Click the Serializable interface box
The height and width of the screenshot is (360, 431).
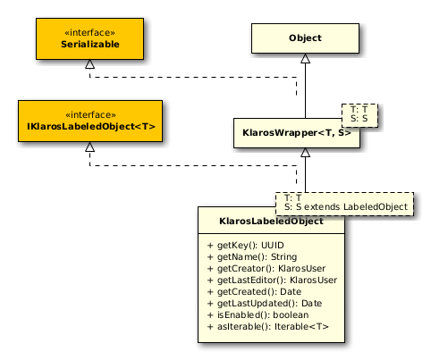[x=89, y=38]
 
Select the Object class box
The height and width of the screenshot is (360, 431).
[x=305, y=38]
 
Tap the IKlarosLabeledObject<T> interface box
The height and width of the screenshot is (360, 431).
[x=90, y=121]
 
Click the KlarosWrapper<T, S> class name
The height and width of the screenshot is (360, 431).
[x=297, y=133]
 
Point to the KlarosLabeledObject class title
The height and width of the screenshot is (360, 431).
[x=271, y=222]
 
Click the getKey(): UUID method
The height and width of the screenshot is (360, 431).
[x=245, y=246]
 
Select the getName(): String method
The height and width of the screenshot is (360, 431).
[x=252, y=257]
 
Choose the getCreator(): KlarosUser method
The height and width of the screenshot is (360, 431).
[x=266, y=269]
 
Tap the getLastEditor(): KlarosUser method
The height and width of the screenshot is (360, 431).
[x=272, y=280]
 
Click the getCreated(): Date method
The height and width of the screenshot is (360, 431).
[x=254, y=292]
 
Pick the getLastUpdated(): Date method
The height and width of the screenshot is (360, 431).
[x=265, y=304]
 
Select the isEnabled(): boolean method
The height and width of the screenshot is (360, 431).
[x=258, y=315]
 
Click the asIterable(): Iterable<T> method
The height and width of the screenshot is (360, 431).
[x=267, y=327]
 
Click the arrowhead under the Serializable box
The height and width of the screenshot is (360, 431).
[x=89, y=64]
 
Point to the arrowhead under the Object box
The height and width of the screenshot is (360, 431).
[x=305, y=58]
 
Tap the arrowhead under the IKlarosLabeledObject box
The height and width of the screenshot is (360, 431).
[x=89, y=147]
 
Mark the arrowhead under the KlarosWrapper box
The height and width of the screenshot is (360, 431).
[x=305, y=153]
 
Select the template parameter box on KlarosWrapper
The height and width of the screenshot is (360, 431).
[x=359, y=115]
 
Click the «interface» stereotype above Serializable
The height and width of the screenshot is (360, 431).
[x=90, y=32]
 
